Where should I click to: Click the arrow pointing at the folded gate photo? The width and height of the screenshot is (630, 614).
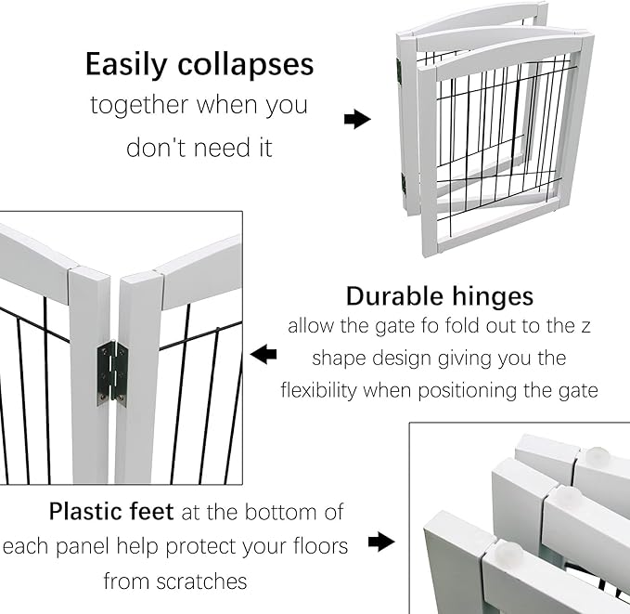tap(357, 119)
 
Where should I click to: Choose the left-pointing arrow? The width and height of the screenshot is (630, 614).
tap(264, 354)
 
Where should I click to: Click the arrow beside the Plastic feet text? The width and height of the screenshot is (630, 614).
tap(381, 542)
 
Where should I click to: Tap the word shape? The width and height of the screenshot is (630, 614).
tap(341, 358)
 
